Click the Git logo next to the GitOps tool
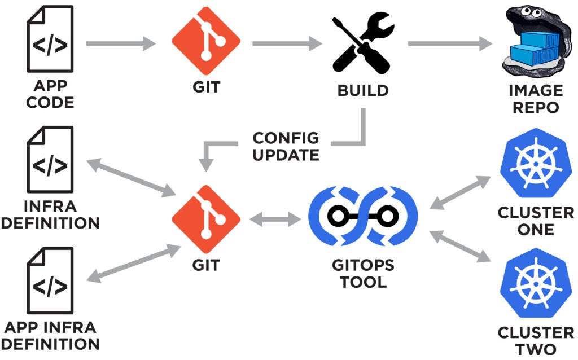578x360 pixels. click(x=206, y=221)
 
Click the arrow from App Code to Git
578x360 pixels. click(x=120, y=43)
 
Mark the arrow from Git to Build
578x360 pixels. click(x=286, y=43)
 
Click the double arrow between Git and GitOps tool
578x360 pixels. click(x=275, y=221)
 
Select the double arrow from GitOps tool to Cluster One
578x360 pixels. click(x=460, y=192)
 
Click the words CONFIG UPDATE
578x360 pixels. click(x=286, y=146)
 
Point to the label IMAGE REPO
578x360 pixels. click(x=535, y=98)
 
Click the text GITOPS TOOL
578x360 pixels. click(x=363, y=274)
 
